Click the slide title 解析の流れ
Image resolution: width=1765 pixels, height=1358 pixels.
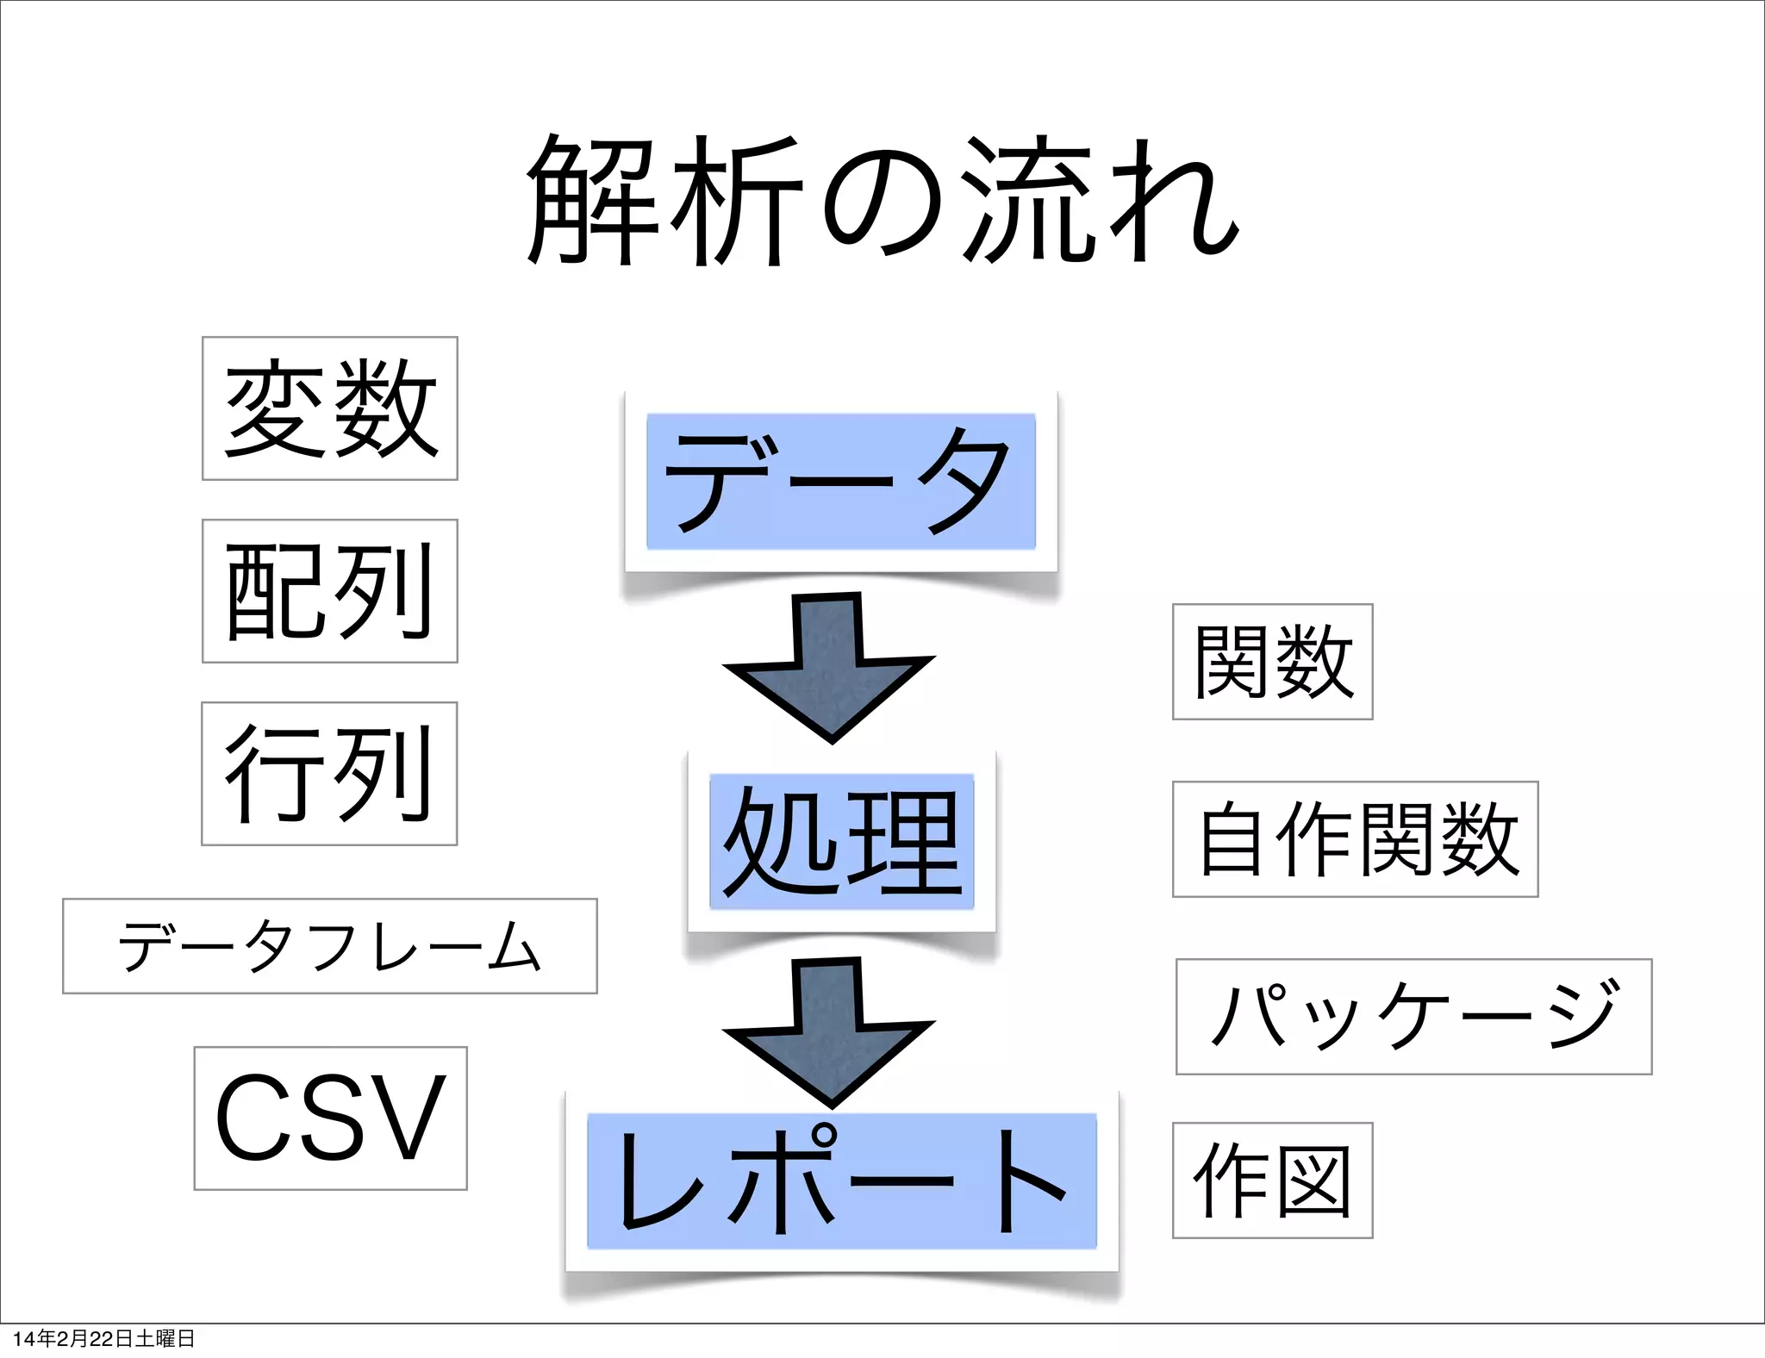pos(882,200)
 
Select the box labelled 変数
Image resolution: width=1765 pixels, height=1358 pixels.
pos(330,408)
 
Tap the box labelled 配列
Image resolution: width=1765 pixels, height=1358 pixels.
pos(330,591)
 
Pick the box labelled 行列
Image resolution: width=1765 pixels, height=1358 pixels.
pos(329,774)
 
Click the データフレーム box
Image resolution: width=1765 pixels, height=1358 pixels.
pos(330,946)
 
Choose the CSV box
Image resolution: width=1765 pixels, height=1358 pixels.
pos(331,1118)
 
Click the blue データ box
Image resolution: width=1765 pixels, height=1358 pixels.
pos(841,481)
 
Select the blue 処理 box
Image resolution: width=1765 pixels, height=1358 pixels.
pos(841,841)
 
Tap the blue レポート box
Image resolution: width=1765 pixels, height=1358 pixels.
pos(842,1180)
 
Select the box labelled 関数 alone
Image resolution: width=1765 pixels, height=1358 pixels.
pos(1272,662)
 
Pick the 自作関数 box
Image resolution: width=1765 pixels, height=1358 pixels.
pos(1355,839)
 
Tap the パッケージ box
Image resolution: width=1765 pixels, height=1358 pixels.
pos(1413,1017)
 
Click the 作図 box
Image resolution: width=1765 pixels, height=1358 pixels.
pos(1272,1180)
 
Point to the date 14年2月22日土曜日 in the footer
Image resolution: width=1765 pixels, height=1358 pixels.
pos(103,1338)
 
